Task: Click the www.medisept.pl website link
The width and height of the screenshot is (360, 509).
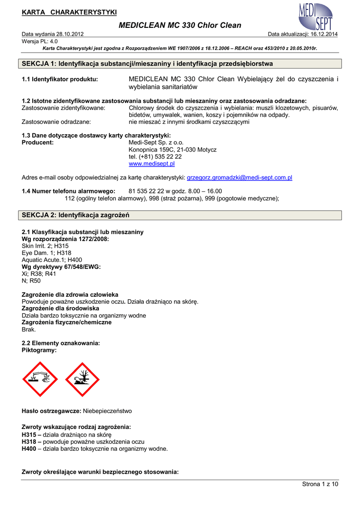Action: point(152,164)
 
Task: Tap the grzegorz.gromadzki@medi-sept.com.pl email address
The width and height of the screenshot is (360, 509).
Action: point(239,177)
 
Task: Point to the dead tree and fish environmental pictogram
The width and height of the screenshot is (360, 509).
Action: point(83,379)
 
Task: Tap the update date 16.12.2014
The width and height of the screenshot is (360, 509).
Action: point(323,34)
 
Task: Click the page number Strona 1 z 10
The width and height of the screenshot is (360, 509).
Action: point(320,484)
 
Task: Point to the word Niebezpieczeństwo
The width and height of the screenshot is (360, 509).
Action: point(107,411)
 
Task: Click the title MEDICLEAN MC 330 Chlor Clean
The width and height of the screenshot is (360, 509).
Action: point(180,25)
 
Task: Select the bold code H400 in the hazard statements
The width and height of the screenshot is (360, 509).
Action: point(29,448)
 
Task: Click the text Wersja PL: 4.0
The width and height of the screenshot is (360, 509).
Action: point(40,41)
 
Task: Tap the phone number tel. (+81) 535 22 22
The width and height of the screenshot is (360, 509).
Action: point(155,157)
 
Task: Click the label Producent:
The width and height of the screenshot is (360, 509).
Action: point(38,143)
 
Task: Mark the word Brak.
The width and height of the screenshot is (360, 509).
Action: point(29,329)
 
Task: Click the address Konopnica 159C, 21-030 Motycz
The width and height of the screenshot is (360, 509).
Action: point(173,150)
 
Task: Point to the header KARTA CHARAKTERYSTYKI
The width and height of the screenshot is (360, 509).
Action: point(69,11)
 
